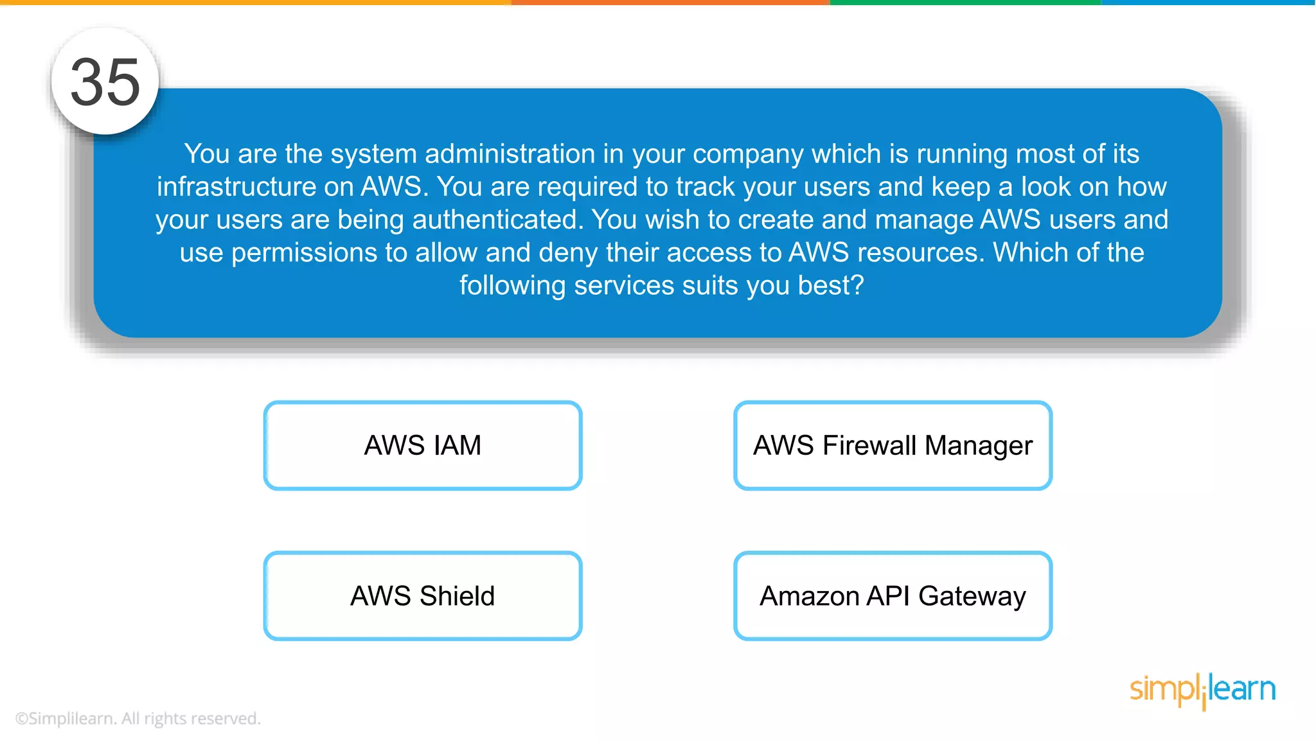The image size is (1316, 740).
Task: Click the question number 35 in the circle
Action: [x=105, y=82]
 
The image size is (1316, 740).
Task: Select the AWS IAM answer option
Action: [x=423, y=445]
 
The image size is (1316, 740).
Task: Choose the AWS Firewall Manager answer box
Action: [x=893, y=445]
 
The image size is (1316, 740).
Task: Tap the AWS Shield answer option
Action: [x=423, y=595]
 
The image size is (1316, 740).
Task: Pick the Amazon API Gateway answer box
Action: [x=893, y=595]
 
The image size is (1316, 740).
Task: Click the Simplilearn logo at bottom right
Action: [x=1202, y=690]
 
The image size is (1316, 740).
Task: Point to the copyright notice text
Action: [x=138, y=718]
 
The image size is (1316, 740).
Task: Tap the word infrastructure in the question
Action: [x=236, y=187]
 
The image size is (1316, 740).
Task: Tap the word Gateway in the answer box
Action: [x=972, y=597]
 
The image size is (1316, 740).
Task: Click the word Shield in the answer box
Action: [x=457, y=595]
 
